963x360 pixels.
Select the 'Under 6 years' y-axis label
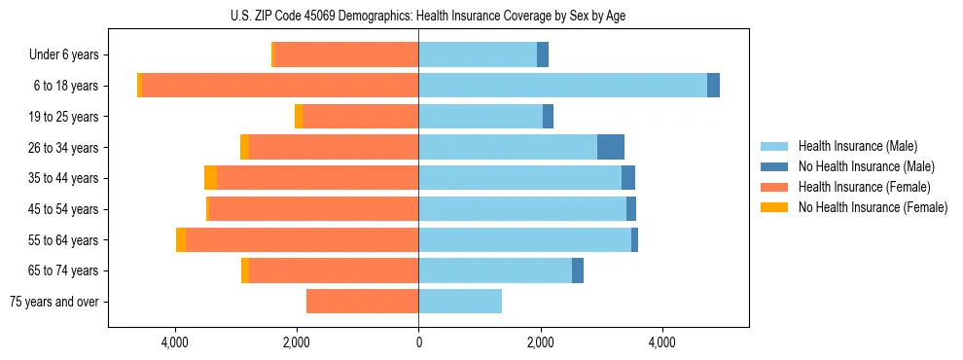[x=70, y=54]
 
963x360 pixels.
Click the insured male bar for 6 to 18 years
[x=562, y=86]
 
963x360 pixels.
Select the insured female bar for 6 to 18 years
[x=280, y=86]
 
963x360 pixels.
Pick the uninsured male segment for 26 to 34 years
[x=610, y=147]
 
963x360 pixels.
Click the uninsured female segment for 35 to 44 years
[x=210, y=178]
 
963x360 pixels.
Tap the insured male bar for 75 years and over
[x=460, y=302]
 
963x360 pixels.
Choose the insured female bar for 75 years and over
[x=362, y=302]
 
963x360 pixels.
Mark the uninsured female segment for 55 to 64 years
[x=181, y=239]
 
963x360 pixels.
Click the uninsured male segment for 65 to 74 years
[x=578, y=270]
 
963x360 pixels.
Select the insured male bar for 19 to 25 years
[x=481, y=117]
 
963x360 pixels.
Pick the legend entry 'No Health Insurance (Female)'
[x=873, y=207]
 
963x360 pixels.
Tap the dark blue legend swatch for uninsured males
[x=774, y=166]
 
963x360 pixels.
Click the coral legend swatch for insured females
[x=774, y=187]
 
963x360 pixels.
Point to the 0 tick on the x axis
[x=418, y=342]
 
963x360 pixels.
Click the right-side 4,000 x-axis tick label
[x=662, y=342]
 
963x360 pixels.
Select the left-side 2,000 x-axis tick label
[x=297, y=342]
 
